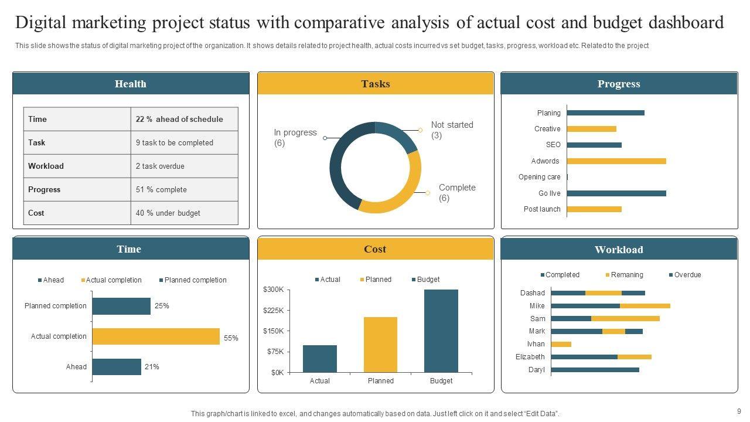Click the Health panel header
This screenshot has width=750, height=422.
(x=131, y=84)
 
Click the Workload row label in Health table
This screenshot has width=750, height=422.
(x=46, y=166)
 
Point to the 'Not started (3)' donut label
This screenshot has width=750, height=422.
(x=452, y=130)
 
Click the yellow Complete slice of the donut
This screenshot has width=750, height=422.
(x=398, y=193)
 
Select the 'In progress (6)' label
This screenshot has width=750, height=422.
(x=295, y=138)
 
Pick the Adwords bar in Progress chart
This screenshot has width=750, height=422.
(x=616, y=161)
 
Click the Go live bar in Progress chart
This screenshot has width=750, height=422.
(x=616, y=193)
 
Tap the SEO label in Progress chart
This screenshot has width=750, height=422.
(x=553, y=145)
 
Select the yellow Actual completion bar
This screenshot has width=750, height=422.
(x=156, y=336)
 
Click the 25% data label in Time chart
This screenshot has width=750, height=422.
(x=162, y=306)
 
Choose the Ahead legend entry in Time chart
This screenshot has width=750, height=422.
(x=51, y=280)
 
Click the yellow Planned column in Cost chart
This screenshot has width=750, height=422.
(x=380, y=345)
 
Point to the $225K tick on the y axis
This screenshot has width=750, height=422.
(x=274, y=310)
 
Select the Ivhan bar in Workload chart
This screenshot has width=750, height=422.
(x=561, y=344)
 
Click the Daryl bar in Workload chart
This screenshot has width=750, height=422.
(x=595, y=370)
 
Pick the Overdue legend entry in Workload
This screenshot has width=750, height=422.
(x=685, y=275)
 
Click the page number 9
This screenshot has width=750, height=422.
(x=739, y=411)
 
